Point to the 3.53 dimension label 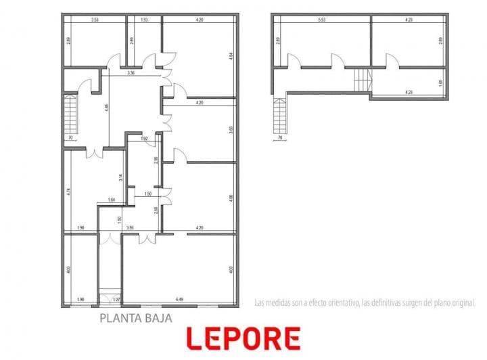(95, 20)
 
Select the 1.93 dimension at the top (144, 20)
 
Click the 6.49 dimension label (179, 299)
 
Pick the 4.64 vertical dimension (231, 56)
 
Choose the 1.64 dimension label (112, 200)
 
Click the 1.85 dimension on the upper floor (440, 83)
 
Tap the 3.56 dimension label (131, 228)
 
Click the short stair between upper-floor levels (363, 79)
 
